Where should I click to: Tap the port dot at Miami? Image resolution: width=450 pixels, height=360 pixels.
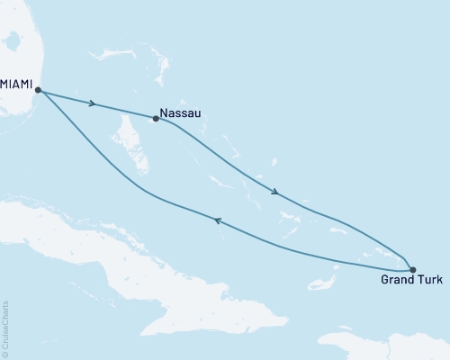click(37, 89)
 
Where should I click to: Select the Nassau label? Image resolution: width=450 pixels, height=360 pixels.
click(181, 114)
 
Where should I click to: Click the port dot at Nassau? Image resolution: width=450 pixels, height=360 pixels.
click(157, 118)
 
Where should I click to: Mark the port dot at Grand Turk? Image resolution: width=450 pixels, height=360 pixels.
click(412, 268)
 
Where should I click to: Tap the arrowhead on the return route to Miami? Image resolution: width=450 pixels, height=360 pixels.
click(217, 220)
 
